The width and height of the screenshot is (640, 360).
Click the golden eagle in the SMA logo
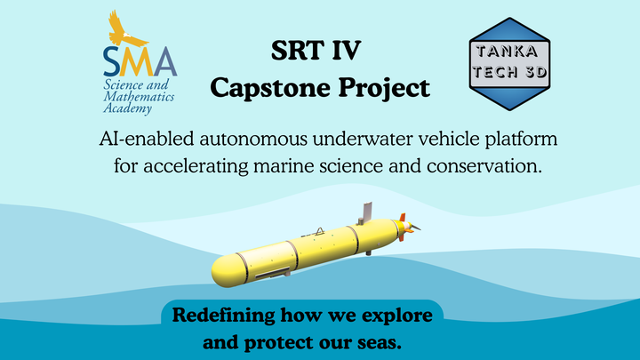coord(124,30)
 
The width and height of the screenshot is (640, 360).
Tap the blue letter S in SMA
coord(112,61)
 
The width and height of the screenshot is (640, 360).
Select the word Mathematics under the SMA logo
coord(139,97)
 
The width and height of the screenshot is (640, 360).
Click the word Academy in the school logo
coord(127,108)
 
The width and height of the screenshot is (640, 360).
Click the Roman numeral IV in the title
coord(346,50)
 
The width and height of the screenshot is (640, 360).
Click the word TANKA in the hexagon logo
coord(507,52)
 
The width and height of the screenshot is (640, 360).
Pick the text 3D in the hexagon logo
coord(536,72)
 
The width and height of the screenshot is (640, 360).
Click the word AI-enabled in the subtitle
coord(147,139)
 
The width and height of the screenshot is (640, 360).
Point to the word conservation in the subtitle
coord(484,166)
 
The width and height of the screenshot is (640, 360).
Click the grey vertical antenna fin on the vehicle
coord(367,212)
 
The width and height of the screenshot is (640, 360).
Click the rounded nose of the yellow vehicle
coord(222,272)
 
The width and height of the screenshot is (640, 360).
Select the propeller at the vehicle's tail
coord(412,227)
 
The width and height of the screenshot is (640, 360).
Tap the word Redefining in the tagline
coord(223,316)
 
